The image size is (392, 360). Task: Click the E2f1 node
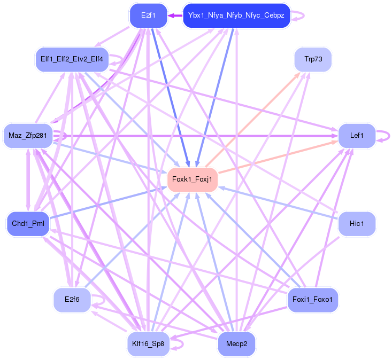coord(148,15)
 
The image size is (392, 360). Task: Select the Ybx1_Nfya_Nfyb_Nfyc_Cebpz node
coord(236,15)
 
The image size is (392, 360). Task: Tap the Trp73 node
coord(313,59)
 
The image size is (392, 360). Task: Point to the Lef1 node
coord(357,136)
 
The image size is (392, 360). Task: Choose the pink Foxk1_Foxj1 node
coord(193,179)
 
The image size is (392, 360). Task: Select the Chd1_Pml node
coord(28,223)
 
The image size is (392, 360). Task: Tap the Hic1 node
coord(357,223)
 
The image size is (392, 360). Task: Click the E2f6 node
coord(72,300)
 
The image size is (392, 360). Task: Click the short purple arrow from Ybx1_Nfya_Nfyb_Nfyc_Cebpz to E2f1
coord(175,15)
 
